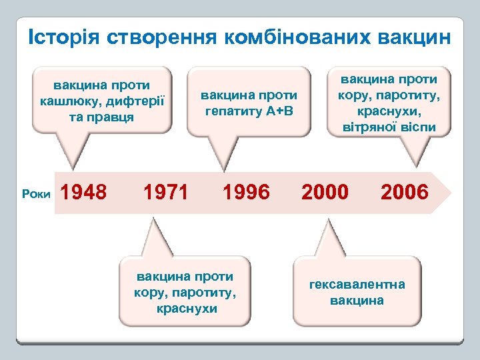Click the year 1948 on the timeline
pos(83,193)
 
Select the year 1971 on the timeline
pos(167,193)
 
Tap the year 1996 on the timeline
pos(247,193)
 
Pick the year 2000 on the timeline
pos(325,193)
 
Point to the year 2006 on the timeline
pos(404,193)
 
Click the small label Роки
pos(35,194)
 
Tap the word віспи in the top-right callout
pos(419,127)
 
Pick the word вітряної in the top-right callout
pos(375,127)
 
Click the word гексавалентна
pos(357,285)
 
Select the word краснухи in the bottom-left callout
pos(186,308)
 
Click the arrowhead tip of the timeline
pos(451,193)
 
